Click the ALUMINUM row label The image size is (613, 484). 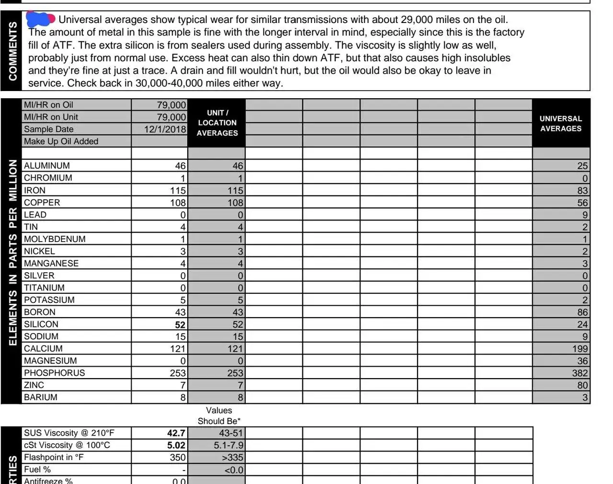(x=47, y=166)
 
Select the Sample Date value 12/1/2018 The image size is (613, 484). (x=165, y=129)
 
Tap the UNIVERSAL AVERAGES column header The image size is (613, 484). (x=560, y=124)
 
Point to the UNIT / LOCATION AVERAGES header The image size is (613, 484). (x=217, y=123)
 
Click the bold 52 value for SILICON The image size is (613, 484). (x=180, y=325)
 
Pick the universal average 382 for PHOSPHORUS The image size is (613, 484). (x=579, y=373)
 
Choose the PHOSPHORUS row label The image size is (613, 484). (x=54, y=373)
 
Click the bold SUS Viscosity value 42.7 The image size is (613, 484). (x=176, y=433)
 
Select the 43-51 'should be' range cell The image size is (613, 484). (x=231, y=433)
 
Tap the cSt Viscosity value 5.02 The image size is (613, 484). (x=176, y=446)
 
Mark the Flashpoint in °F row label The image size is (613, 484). (x=54, y=458)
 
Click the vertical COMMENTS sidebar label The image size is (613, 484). (x=12, y=51)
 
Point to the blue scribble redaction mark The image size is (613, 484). (x=40, y=19)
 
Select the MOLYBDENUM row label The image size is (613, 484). (x=55, y=239)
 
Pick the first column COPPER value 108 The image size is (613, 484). (x=178, y=203)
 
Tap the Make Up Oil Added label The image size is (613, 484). (x=61, y=141)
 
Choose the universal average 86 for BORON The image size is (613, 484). (x=582, y=312)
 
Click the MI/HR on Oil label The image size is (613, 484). (x=48, y=105)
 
